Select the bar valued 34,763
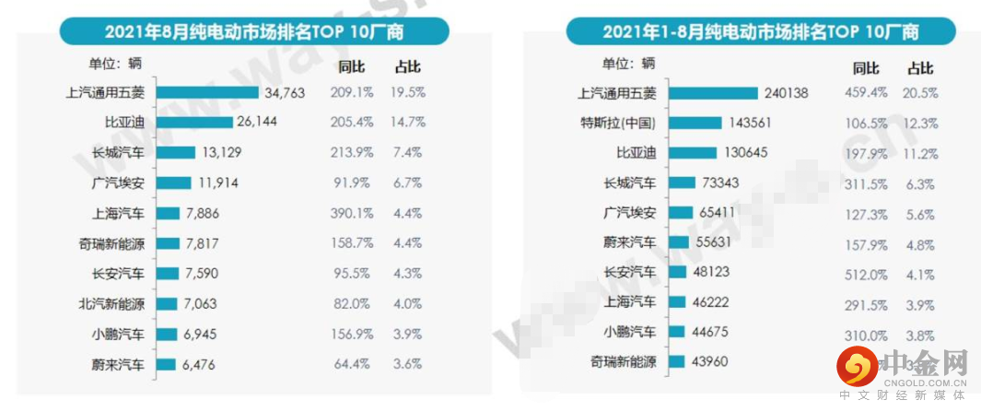[x=207, y=92]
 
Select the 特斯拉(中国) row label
[x=617, y=123]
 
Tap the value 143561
[x=753, y=123]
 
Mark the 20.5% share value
[x=920, y=92]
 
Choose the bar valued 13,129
[x=175, y=152]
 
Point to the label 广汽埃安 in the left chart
[x=120, y=182]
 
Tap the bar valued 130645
[x=692, y=152]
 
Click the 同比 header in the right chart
[x=866, y=67]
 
